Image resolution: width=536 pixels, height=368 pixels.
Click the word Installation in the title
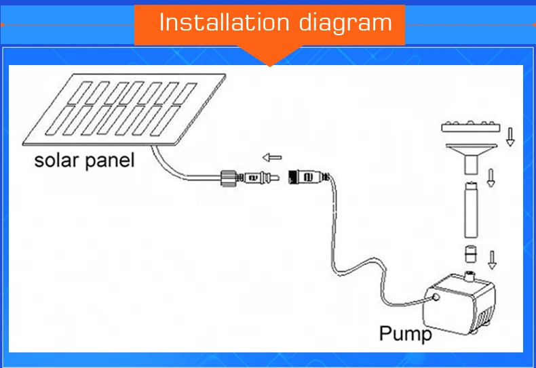click(225, 22)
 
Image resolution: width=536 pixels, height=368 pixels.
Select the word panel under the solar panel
click(109, 161)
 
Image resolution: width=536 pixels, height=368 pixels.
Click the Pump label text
click(406, 333)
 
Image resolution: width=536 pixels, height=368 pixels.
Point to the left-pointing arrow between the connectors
click(272, 157)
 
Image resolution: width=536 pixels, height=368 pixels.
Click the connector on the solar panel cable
click(250, 178)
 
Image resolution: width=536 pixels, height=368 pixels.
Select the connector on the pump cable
click(308, 177)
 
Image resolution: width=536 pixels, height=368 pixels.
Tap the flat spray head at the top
click(470, 127)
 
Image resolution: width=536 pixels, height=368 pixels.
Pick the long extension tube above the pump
click(471, 209)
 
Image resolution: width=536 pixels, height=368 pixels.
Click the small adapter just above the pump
click(471, 254)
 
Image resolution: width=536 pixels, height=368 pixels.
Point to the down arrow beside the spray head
click(510, 137)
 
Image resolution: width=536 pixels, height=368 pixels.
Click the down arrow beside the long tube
click(491, 178)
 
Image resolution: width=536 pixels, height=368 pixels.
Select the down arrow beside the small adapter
click(493, 260)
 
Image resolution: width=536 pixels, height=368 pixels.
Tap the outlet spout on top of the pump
click(470, 277)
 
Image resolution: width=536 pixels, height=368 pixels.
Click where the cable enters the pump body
click(436, 297)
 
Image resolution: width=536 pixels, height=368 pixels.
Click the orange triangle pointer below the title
click(270, 56)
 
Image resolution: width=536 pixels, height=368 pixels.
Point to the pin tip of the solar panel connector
click(277, 178)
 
